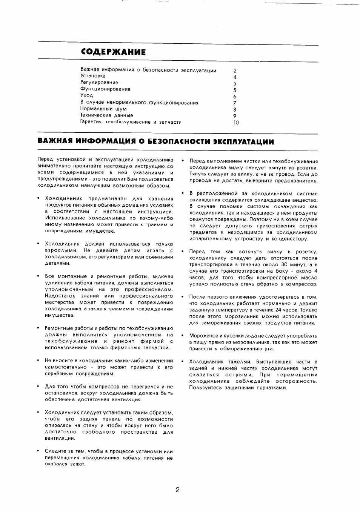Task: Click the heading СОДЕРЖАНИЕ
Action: (113, 52)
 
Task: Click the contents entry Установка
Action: (93, 76)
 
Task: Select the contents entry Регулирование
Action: (99, 83)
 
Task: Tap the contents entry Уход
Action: (86, 96)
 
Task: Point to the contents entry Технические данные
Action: (106, 115)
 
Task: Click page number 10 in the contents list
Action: (236, 123)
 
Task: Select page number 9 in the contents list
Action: (235, 116)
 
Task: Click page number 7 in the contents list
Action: (235, 103)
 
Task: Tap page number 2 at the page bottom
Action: (177, 490)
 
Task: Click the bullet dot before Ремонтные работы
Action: (38, 328)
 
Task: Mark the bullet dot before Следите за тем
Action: (38, 451)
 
